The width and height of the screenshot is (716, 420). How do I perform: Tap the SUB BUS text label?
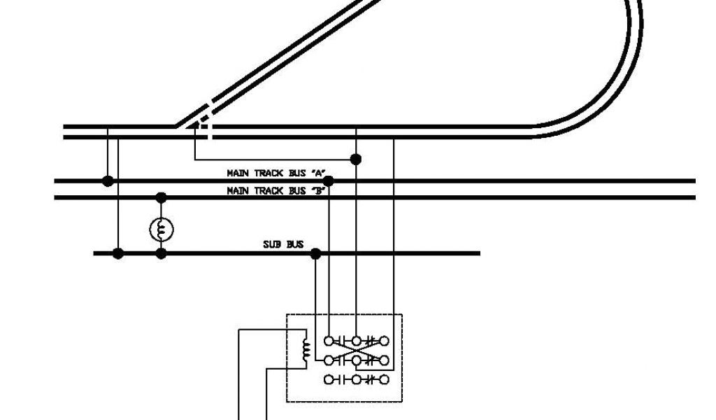click(x=283, y=244)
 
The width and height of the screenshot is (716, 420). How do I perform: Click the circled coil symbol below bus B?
click(x=162, y=228)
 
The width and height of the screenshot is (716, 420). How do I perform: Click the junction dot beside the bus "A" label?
click(x=329, y=181)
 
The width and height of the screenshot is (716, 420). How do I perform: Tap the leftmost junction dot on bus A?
click(x=108, y=181)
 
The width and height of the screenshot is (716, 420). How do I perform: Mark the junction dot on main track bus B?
click(x=162, y=197)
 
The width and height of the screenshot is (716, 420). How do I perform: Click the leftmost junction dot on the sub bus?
click(x=118, y=253)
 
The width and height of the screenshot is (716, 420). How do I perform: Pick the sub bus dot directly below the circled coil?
click(x=162, y=253)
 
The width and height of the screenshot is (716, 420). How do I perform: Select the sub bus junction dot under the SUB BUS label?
click(x=315, y=253)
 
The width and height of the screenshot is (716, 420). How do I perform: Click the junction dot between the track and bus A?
click(x=356, y=160)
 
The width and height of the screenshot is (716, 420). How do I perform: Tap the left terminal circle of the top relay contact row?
click(x=329, y=342)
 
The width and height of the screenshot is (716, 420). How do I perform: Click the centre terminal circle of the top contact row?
click(x=356, y=342)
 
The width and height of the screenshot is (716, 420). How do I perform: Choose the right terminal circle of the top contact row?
click(x=383, y=342)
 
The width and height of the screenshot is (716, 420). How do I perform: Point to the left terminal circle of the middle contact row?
click(x=329, y=360)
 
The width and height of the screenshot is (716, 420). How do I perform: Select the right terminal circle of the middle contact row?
click(x=383, y=360)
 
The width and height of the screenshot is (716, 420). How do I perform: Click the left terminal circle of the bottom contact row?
click(x=329, y=380)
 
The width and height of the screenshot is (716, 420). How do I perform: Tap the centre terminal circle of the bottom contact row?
click(x=356, y=380)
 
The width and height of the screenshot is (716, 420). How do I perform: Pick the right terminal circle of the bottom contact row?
click(x=383, y=380)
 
